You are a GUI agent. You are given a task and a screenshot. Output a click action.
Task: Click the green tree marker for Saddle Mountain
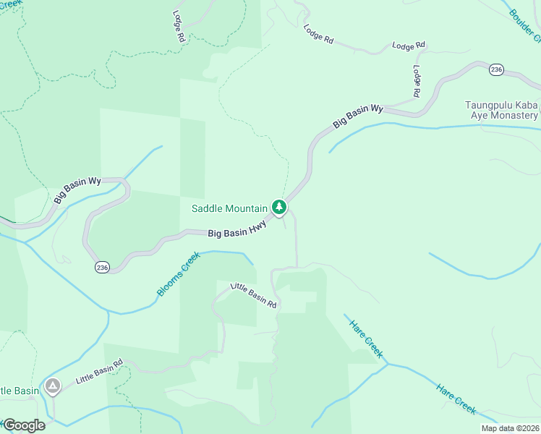pyautogui.click(x=279, y=208)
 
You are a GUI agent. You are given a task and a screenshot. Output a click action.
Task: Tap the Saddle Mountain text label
pyautogui.click(x=229, y=208)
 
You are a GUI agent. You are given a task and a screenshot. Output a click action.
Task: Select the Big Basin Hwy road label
pyautogui.click(x=238, y=229)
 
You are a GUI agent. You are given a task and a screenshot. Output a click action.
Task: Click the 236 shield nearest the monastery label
pyautogui.click(x=495, y=69)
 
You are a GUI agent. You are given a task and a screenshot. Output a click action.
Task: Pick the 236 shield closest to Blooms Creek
pyautogui.click(x=102, y=268)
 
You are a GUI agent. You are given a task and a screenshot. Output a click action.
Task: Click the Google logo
pyautogui.click(x=24, y=425)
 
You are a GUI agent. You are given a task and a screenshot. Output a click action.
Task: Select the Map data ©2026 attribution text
pyautogui.click(x=510, y=428)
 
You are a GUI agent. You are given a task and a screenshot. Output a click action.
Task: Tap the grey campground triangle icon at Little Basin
pyautogui.click(x=52, y=387)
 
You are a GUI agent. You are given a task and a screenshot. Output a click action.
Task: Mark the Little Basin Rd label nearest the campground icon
pyautogui.click(x=99, y=371)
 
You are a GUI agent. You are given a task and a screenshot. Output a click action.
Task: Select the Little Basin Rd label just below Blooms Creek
pyautogui.click(x=254, y=295)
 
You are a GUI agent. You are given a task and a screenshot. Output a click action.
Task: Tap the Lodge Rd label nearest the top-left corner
pyautogui.click(x=179, y=25)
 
